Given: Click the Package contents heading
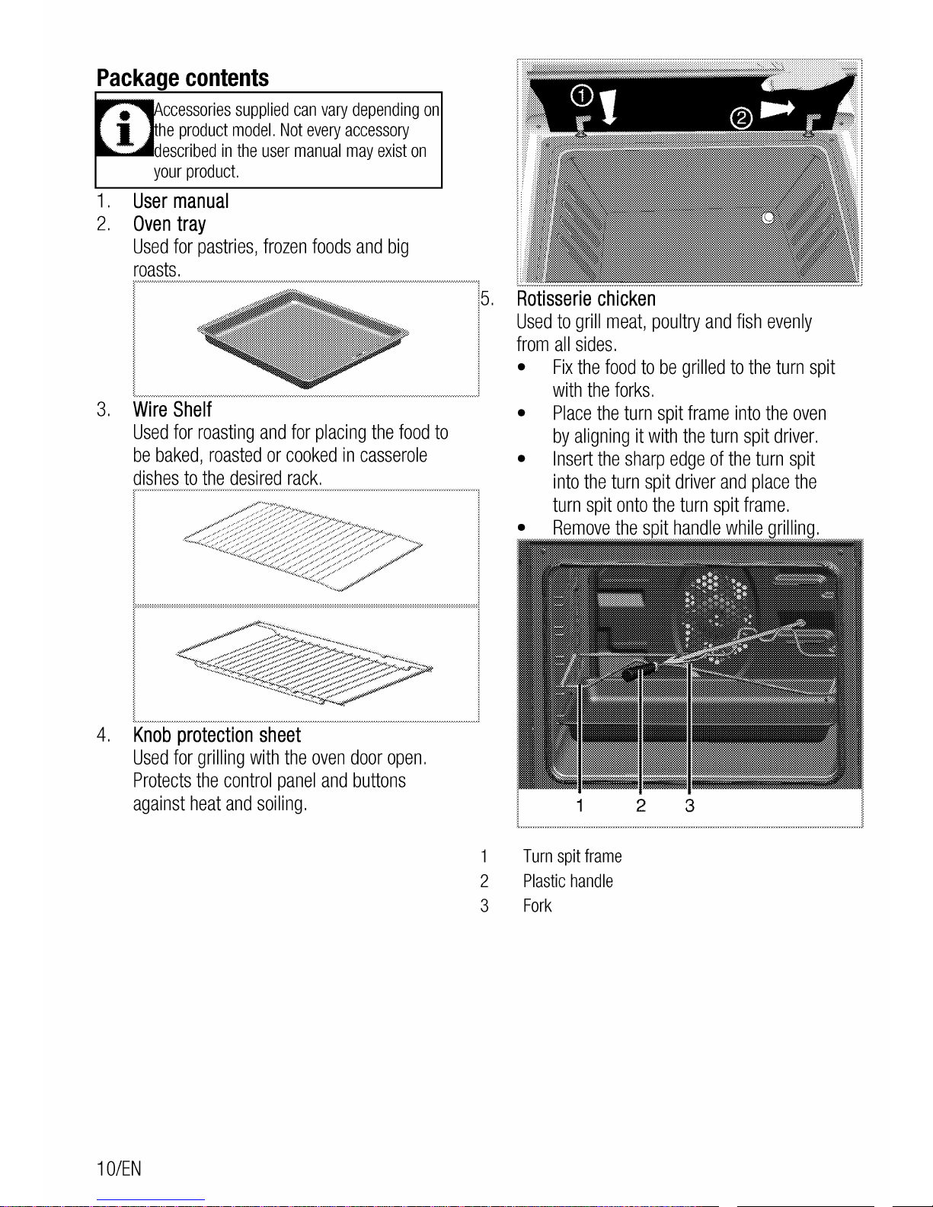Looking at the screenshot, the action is (x=183, y=78).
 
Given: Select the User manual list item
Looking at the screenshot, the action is (x=181, y=201).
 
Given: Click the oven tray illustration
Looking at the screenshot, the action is (x=303, y=337).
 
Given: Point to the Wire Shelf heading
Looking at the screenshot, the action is (x=172, y=410).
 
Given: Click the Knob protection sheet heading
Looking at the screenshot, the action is (x=216, y=735).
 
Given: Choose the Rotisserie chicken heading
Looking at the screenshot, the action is (x=586, y=299).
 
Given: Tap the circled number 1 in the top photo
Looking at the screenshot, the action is (x=582, y=97).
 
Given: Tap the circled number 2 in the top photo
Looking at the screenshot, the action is (x=741, y=118).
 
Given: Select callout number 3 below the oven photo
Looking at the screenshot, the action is (x=689, y=806).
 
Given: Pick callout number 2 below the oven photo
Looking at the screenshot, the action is (x=641, y=806).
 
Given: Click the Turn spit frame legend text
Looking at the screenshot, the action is (x=572, y=857).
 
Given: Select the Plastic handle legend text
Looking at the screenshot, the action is (x=567, y=881).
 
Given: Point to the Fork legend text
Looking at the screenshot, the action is (x=537, y=905).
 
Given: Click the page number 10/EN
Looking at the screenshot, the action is (x=119, y=1169).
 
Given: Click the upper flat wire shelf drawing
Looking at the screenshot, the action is (x=303, y=546).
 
